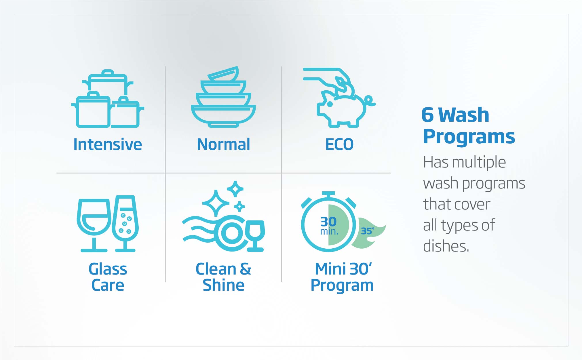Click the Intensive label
coord(108,144)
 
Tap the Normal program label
coord(223,144)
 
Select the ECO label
coord(339,144)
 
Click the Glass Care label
coord(108,277)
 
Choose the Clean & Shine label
coord(223,277)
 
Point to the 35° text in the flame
coord(368,231)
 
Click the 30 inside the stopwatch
coord(328,222)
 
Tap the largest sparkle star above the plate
coord(216,203)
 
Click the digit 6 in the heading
coord(427,115)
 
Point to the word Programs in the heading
coord(469,136)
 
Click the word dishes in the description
coord(446,246)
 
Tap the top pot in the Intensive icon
coord(108,82)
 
